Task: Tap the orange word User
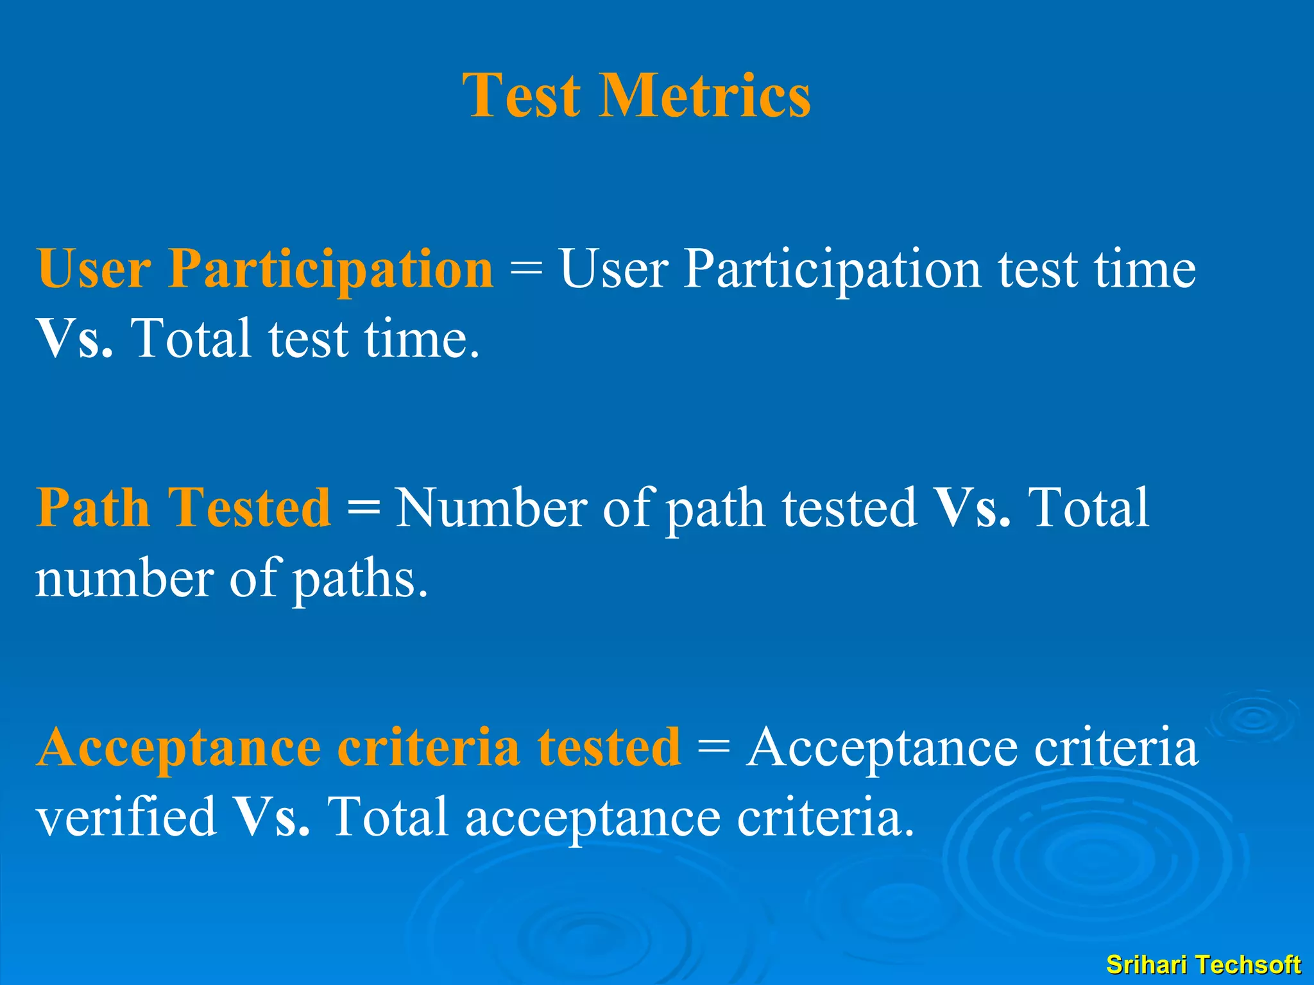[x=94, y=269]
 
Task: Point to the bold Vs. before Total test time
[x=75, y=339]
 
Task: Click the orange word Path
[x=93, y=508]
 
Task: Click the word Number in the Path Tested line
[x=491, y=508]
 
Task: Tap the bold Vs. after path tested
[x=973, y=508]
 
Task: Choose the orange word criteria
[x=428, y=748]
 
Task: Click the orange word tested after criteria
[x=609, y=748]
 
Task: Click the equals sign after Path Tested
[x=363, y=508]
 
